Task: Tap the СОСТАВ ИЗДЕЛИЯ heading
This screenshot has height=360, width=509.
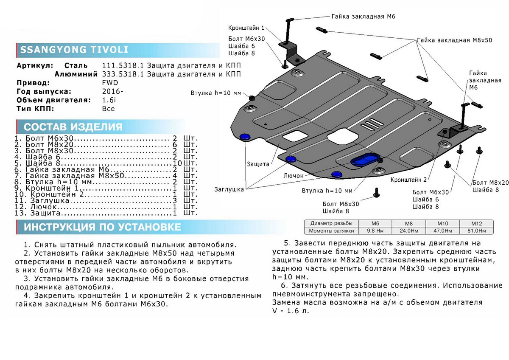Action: point(73,127)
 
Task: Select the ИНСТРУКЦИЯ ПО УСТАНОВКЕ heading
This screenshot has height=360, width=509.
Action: point(102,227)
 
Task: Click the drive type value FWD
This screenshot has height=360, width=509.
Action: point(110,83)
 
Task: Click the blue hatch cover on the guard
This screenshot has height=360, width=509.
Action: point(364,160)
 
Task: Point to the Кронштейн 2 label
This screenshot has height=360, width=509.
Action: point(409,180)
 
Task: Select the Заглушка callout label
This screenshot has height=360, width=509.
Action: point(229,190)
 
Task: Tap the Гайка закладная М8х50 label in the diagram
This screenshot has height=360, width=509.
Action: point(454,40)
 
